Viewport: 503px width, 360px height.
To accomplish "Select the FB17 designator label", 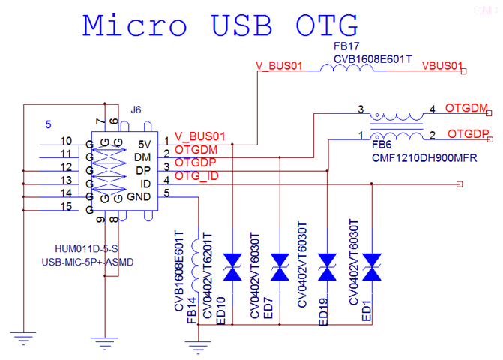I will point(346,46).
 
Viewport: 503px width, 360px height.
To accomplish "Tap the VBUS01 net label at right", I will point(442,66).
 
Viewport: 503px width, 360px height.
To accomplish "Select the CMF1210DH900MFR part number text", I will point(425,159).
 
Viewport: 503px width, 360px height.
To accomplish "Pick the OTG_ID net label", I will point(197,176).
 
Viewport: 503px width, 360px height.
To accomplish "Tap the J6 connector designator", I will point(136,109).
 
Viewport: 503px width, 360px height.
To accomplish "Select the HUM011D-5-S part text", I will point(85,248).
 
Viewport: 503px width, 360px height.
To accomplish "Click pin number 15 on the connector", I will point(66,207).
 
